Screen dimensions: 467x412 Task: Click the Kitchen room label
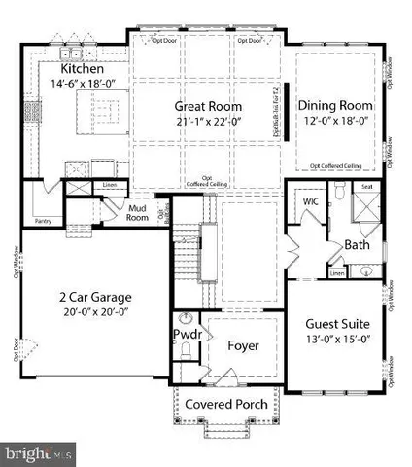(x=82, y=69)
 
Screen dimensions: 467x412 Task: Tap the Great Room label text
(x=208, y=106)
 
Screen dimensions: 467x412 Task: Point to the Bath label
(x=357, y=245)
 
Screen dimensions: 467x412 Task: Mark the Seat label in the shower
(x=367, y=188)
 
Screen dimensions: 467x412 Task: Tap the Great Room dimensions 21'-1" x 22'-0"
(x=208, y=122)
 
